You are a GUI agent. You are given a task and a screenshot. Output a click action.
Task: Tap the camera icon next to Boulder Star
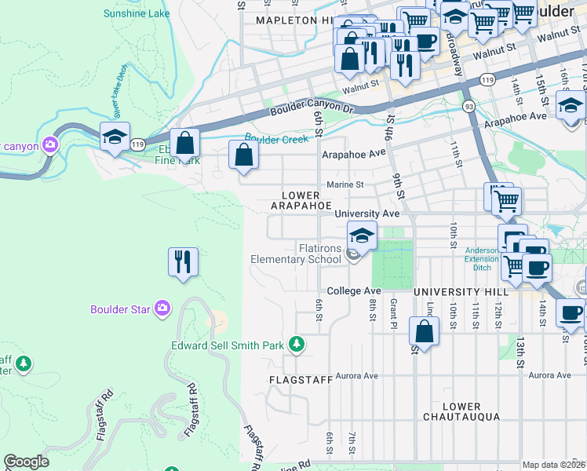[162, 309]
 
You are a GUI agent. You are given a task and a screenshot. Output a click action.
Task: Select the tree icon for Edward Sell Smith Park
[297, 344]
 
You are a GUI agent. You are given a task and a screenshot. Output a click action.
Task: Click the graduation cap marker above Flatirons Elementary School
[362, 235]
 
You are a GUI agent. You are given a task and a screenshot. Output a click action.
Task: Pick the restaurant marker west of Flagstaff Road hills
[183, 261]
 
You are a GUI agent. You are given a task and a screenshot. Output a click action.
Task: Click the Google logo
[26, 462]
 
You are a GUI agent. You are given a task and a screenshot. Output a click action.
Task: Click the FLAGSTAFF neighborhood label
[295, 379]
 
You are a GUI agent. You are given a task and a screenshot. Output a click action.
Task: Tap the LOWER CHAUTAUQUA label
[461, 411]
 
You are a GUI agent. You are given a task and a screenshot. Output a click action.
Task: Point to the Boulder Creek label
[275, 139]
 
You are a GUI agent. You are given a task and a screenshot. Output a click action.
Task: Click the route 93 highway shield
[469, 104]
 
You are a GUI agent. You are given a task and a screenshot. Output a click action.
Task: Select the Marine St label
[345, 184]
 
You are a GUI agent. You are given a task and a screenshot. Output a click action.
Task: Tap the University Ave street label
[366, 214]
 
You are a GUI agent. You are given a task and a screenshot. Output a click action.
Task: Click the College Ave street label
[353, 290]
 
